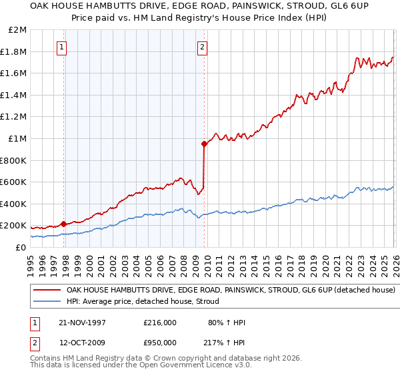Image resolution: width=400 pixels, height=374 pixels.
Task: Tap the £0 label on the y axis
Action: [x=21, y=247]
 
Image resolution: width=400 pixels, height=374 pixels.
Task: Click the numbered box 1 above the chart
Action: [x=61, y=47]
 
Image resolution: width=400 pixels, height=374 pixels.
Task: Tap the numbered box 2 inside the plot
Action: [x=201, y=47]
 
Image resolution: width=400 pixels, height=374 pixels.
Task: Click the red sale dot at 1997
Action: [x=64, y=224]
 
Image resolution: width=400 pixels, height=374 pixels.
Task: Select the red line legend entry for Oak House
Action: [x=231, y=291]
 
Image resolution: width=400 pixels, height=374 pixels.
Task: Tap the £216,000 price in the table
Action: [x=159, y=323]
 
